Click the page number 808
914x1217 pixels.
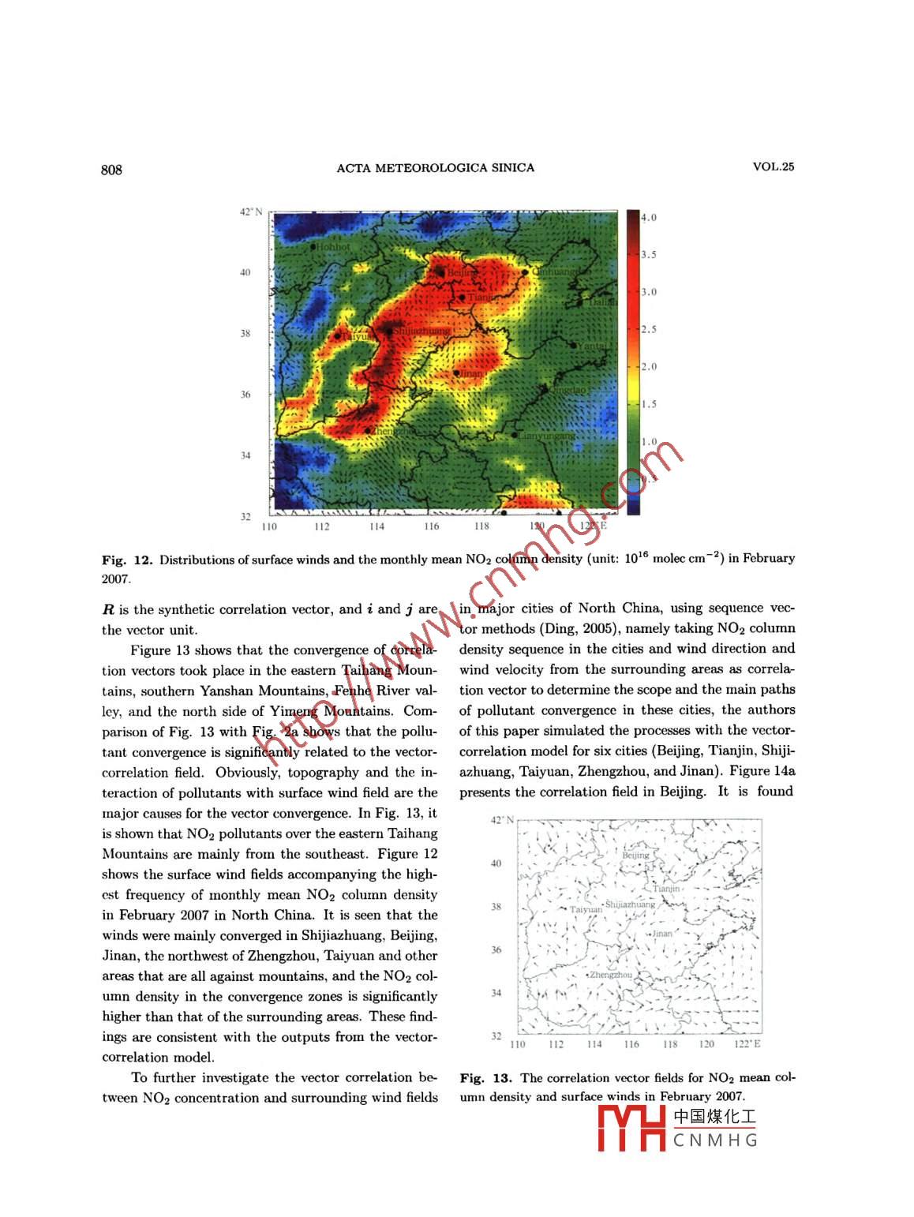click(x=112, y=169)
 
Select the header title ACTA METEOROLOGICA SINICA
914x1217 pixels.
click(x=435, y=167)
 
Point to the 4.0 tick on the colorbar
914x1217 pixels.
click(x=648, y=218)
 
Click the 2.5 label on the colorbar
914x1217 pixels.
click(x=648, y=329)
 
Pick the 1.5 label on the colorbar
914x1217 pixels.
click(x=648, y=404)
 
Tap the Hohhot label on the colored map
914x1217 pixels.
click(x=333, y=247)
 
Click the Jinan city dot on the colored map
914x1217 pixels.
click(x=456, y=373)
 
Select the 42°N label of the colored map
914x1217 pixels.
click(x=251, y=212)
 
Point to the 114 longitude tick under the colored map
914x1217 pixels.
click(x=376, y=526)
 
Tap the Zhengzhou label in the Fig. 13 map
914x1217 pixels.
click(x=611, y=975)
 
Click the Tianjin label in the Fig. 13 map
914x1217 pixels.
click(x=667, y=889)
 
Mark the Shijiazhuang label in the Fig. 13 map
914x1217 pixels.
click(x=630, y=904)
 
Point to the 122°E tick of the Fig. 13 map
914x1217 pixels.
click(x=747, y=1044)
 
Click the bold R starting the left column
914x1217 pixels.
click(x=108, y=609)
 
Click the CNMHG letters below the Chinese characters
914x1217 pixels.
click(x=715, y=1140)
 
